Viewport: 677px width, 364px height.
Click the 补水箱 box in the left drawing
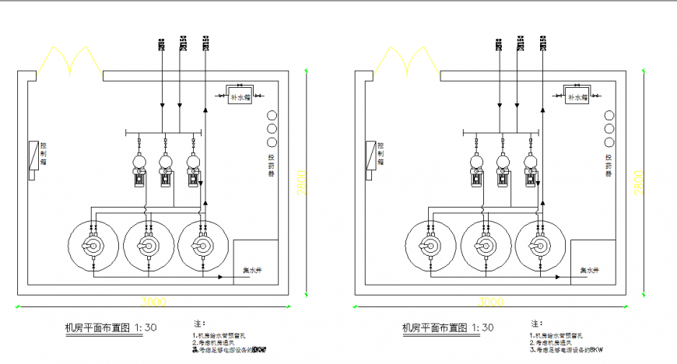(x=240, y=98)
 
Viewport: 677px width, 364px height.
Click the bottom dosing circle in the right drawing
(x=609, y=142)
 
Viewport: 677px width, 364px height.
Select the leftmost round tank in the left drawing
(x=94, y=246)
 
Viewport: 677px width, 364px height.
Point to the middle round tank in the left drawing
(x=147, y=246)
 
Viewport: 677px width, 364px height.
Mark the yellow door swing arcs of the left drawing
(x=69, y=61)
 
